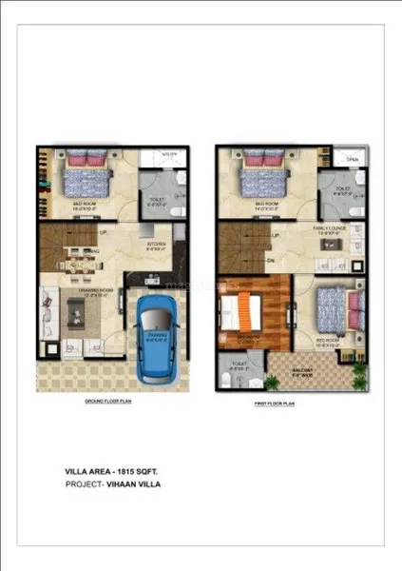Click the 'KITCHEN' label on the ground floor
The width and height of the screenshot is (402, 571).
[157, 244]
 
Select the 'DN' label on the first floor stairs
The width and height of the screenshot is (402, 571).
[272, 258]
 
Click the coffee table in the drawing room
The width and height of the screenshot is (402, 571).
[76, 315]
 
